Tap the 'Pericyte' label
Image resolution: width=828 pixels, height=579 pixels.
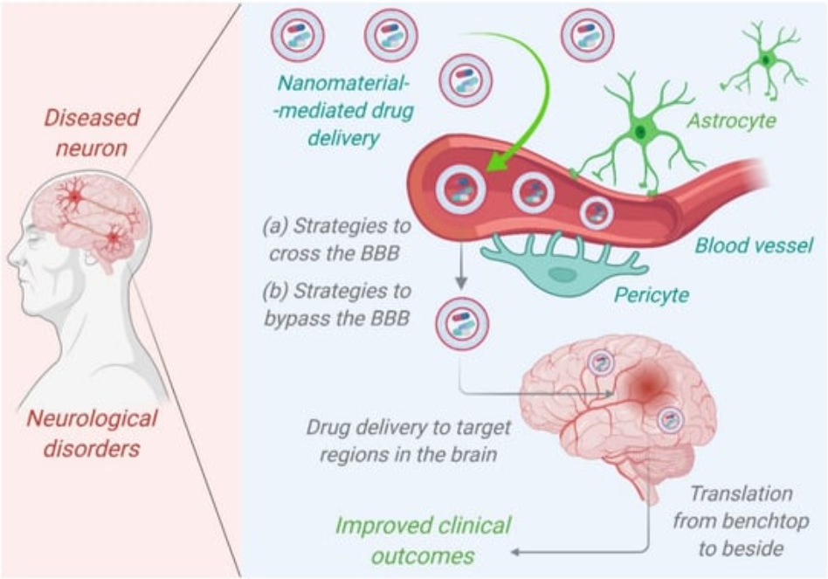[650, 294]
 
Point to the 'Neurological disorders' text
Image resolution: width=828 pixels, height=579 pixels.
[92, 434]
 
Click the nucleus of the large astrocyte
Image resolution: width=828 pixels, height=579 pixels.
[640, 132]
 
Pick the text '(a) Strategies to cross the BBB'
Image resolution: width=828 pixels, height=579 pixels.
[336, 239]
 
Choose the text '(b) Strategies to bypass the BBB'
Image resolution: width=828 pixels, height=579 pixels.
[336, 304]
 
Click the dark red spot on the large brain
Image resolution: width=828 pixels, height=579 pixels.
[645, 382]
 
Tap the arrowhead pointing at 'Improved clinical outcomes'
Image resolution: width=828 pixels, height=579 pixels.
[515, 552]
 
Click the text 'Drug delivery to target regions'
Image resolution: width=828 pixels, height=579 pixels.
[408, 441]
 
